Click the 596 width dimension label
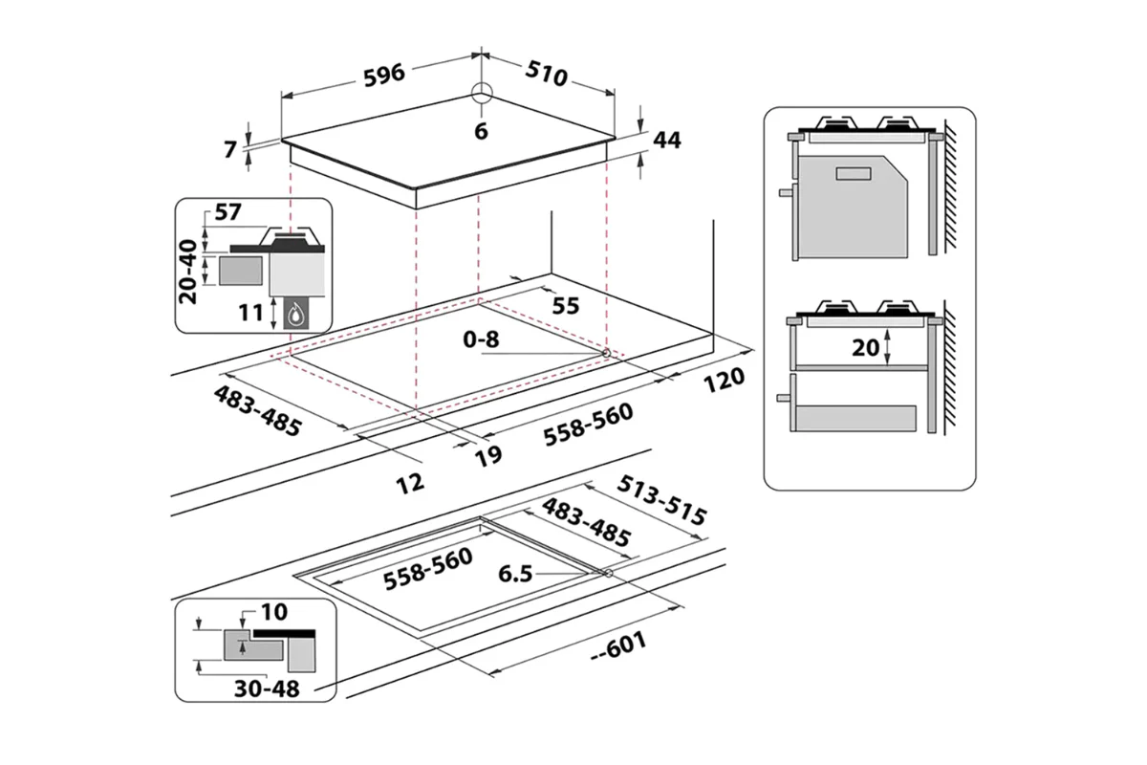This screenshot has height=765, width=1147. tap(384, 73)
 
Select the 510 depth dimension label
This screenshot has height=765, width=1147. tap(545, 74)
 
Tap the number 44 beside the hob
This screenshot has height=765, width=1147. tap(665, 140)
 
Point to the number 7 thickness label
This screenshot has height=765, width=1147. tap(228, 149)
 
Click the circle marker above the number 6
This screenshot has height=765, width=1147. tap(482, 94)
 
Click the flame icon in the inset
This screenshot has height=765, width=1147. tap(299, 312)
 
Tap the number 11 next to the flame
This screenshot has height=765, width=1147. tap(251, 311)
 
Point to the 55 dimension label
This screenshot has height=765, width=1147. tap(566, 305)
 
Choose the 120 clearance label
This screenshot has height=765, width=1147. tap(724, 380)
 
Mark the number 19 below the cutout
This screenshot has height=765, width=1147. tap(488, 455)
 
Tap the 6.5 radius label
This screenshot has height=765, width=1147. tap(516, 575)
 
